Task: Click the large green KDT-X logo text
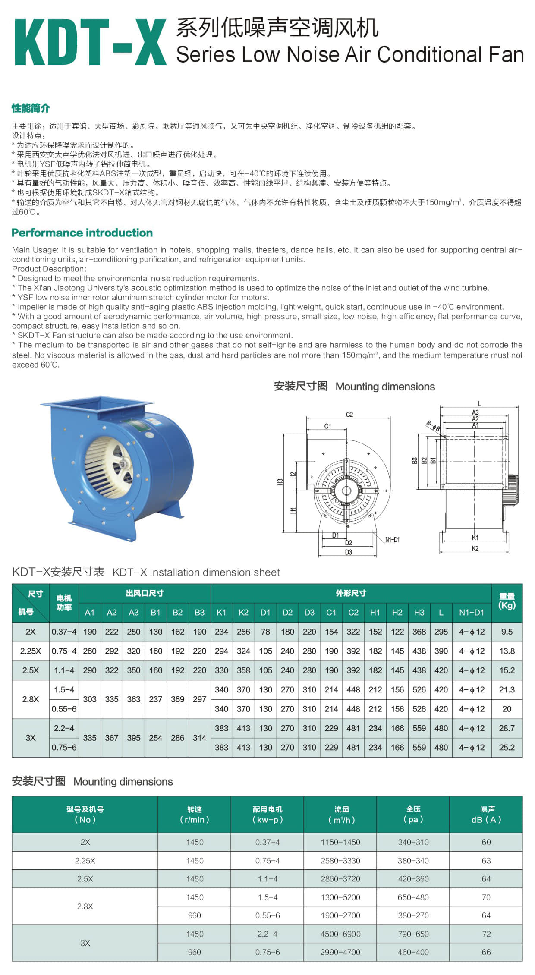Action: click(x=91, y=42)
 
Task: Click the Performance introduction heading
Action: click(x=82, y=233)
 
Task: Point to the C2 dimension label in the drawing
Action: click(x=349, y=415)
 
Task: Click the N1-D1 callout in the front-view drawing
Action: click(x=392, y=540)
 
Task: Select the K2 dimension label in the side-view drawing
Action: click(x=475, y=548)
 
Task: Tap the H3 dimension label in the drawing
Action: click(x=280, y=482)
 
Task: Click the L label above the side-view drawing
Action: click(x=479, y=404)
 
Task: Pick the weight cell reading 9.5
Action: click(x=507, y=632)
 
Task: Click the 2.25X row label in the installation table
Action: click(x=30, y=651)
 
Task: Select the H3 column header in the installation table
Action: click(x=419, y=612)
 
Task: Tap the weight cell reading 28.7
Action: click(x=507, y=728)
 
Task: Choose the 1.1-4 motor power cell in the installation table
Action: click(x=64, y=670)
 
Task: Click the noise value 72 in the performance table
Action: click(x=486, y=934)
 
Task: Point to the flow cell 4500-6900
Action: click(x=340, y=934)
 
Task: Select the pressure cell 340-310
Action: click(x=413, y=842)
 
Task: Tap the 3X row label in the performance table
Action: click(x=85, y=943)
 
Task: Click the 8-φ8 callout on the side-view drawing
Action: click(x=433, y=426)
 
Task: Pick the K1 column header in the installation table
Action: click(x=221, y=612)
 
